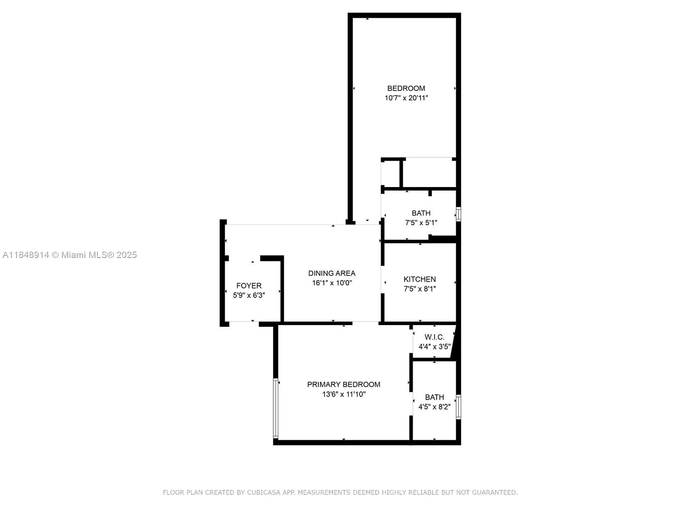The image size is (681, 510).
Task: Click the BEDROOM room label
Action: tap(406, 88)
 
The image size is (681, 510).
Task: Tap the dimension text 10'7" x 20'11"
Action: tap(406, 98)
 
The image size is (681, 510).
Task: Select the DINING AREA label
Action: tap(332, 273)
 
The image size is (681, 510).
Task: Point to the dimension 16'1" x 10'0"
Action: tap(332, 283)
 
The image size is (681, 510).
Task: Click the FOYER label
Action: tap(249, 286)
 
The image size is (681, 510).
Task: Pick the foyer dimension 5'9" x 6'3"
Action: tap(249, 295)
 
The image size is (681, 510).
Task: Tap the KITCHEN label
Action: tap(420, 279)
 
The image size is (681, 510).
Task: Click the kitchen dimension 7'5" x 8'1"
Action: tap(420, 289)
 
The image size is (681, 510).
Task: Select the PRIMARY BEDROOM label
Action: tap(343, 384)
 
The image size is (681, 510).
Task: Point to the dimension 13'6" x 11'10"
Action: tap(344, 394)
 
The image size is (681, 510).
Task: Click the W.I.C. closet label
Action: tap(435, 337)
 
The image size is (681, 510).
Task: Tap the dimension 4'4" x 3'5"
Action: tap(435, 346)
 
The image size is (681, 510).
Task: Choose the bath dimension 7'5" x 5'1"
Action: tap(421, 223)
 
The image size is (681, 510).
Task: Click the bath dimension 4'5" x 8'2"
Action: tap(435, 407)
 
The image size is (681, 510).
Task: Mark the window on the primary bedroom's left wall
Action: tap(275, 408)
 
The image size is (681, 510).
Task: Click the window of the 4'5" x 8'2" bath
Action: tap(458, 407)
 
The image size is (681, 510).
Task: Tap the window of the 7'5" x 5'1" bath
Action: tap(458, 214)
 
